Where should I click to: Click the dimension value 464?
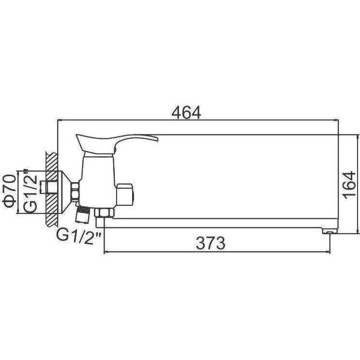186,112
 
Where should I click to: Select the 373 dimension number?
210,243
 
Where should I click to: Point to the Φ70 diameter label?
10,191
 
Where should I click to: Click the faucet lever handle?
117,144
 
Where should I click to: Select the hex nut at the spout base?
104,212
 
